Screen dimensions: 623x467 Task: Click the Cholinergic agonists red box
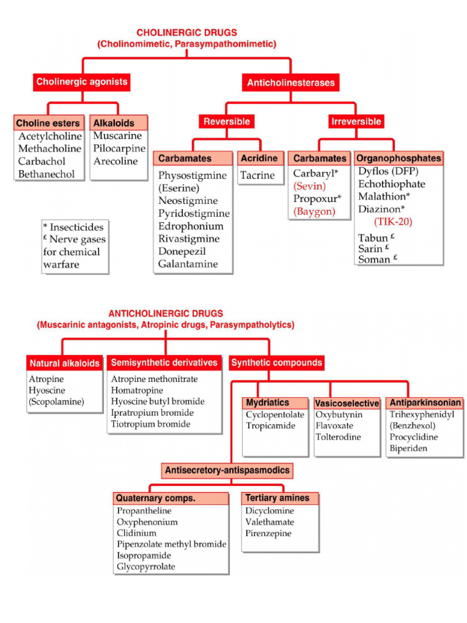point(82,82)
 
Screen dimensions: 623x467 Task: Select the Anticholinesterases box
point(291,82)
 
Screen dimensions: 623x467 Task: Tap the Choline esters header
point(49,123)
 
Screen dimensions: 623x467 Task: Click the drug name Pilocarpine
point(119,148)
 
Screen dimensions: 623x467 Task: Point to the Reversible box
point(226,122)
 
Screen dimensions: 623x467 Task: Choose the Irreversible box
point(356,122)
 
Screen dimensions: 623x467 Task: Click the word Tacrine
point(257,176)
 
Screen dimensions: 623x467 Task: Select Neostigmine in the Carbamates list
point(188,201)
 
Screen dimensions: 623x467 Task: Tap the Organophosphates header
point(399,158)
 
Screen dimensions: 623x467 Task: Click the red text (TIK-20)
point(393,222)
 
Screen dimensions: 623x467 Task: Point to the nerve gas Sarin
point(370,248)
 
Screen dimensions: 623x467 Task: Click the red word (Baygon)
point(314,212)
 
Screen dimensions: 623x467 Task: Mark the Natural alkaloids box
point(64,364)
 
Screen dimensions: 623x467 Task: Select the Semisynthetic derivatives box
point(164,363)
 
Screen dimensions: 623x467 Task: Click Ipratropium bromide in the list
point(153,413)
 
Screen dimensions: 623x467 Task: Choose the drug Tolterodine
point(338,437)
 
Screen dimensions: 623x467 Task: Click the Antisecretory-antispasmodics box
point(227,470)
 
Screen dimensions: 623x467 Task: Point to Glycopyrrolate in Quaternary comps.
point(146,567)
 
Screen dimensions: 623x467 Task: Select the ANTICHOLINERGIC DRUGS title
point(165,314)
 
